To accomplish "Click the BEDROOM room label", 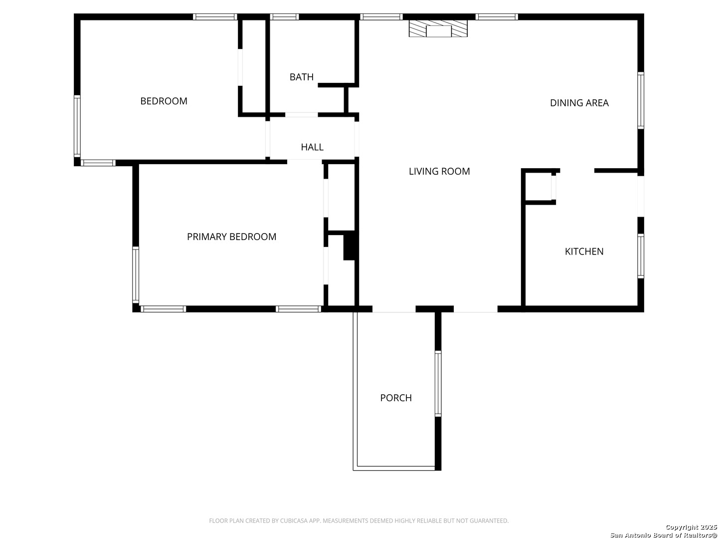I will point(164,101).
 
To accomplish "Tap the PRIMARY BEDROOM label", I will point(231,237).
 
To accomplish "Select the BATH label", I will point(302,77).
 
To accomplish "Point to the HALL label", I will point(312,147).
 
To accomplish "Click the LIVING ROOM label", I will point(439,171).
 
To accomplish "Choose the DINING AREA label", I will point(579,103).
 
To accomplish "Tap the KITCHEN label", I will point(584,252).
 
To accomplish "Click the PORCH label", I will point(396,398).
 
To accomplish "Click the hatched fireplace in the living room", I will point(438,28).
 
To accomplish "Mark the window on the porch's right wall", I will point(438,384).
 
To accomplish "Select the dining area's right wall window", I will point(641,101).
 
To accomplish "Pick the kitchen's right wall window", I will point(641,256).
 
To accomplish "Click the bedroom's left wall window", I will point(77,126).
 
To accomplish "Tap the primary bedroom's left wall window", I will point(136,274).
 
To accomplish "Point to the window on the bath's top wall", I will point(285,17).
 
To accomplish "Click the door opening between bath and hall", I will point(301,115).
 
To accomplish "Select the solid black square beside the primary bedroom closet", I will point(349,246).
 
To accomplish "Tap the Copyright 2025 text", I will point(691,527).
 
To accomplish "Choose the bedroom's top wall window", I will point(214,17).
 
